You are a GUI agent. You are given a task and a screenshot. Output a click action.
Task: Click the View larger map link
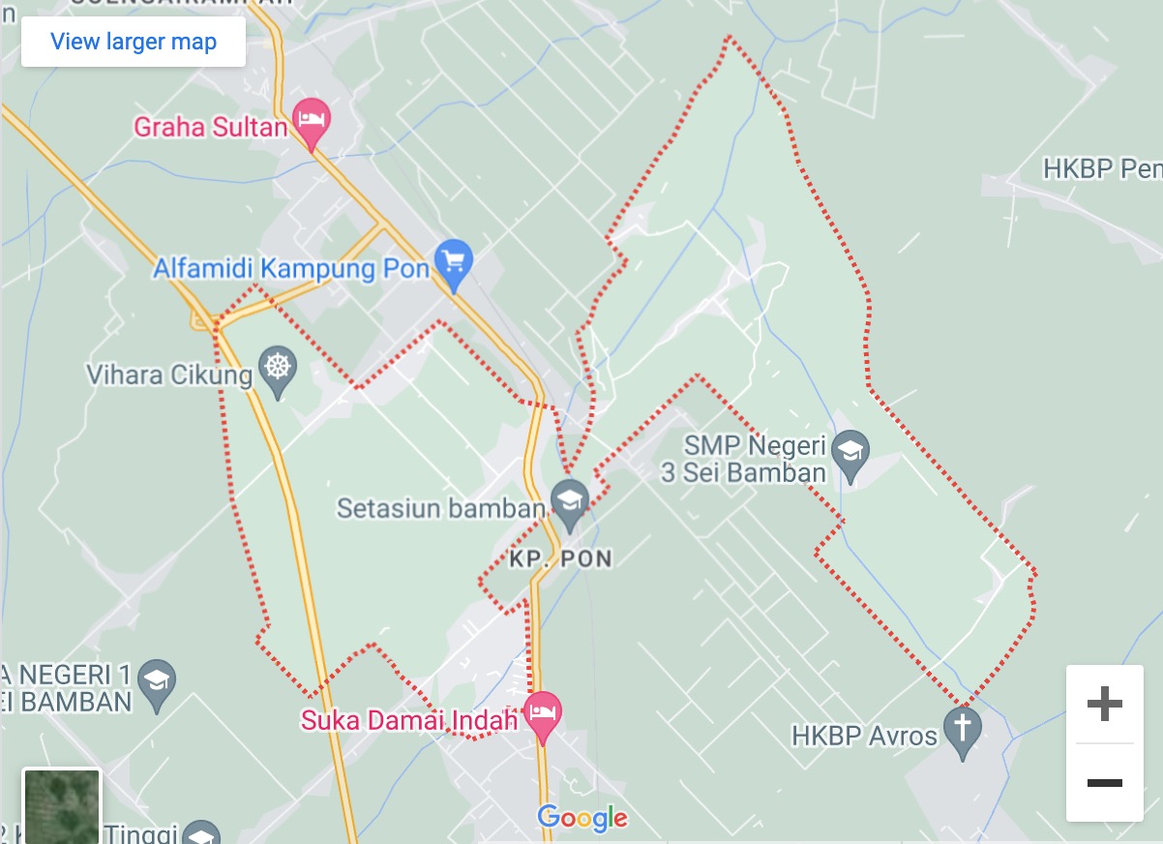pos(134,42)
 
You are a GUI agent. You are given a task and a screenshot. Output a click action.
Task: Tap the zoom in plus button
pos(1104,705)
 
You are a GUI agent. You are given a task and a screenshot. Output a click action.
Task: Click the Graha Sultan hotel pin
pos(312,121)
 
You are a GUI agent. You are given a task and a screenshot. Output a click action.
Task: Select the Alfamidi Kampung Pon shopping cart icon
pos(453,260)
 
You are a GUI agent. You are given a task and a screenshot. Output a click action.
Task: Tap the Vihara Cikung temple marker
pos(279,369)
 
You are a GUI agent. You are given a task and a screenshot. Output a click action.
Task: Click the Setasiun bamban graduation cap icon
pos(570,502)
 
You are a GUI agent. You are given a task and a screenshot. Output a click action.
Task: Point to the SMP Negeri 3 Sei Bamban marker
pos(850,452)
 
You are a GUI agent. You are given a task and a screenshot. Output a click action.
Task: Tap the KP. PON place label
pos(561,558)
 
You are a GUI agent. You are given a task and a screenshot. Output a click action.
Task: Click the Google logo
pos(582,818)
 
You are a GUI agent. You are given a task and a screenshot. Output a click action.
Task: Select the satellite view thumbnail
pos(62,805)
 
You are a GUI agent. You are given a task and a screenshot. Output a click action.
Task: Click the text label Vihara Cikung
pos(169,375)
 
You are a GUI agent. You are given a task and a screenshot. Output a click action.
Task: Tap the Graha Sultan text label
pos(210,127)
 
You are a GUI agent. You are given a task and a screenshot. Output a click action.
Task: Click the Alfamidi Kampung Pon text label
pos(290,268)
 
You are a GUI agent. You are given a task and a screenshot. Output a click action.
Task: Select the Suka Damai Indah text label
pos(410,721)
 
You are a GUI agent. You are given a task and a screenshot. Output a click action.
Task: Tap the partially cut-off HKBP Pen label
pos(1101,169)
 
